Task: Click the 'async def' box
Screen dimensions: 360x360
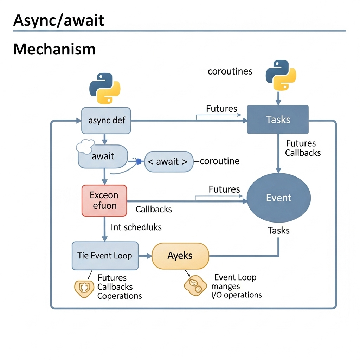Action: pos(106,121)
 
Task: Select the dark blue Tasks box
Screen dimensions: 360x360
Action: pos(278,120)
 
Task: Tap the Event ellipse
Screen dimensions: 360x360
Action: pos(279,198)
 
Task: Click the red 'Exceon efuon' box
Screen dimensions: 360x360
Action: pos(104,200)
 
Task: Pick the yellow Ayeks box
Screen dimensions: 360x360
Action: pos(180,256)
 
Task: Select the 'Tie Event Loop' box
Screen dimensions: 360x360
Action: pos(105,256)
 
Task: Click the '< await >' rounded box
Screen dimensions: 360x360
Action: pos(169,161)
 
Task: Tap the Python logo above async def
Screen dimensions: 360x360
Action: pos(105,88)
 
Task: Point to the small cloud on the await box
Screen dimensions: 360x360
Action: pos(85,146)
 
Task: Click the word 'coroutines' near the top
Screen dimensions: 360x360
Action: pos(230,71)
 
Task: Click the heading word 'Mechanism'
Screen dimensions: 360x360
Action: pos(54,49)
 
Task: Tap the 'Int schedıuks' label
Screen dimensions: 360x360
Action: pos(136,227)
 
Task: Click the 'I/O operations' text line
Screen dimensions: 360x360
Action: pos(236,295)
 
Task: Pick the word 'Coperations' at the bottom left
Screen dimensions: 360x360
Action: pos(120,296)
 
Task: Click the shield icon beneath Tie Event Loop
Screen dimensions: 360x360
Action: pos(84,288)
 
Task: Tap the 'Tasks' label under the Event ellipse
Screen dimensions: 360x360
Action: pos(278,231)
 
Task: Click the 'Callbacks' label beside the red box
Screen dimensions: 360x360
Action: pos(154,209)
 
